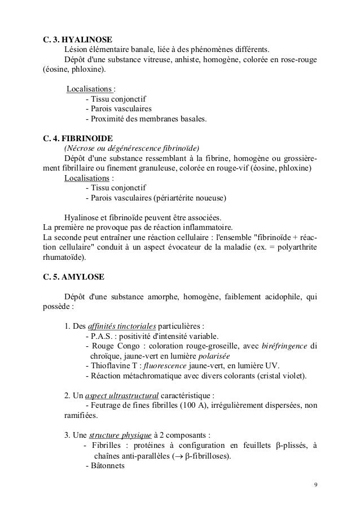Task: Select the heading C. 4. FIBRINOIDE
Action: coord(78,138)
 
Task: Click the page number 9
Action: coord(315,486)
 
